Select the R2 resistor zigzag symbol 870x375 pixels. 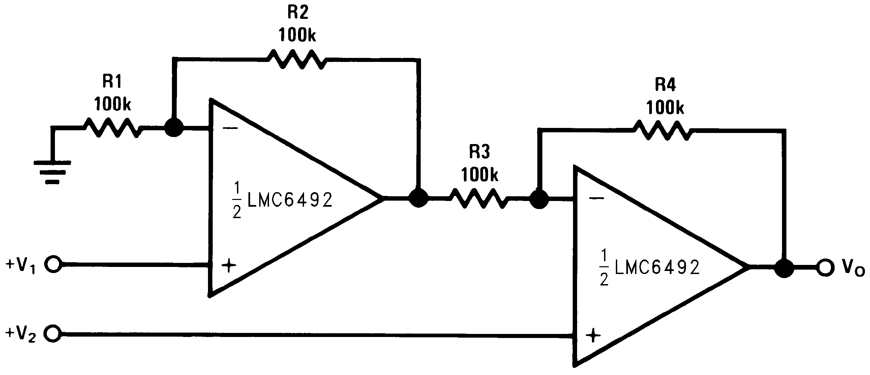pyautogui.click(x=297, y=59)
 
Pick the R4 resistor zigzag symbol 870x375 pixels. pyautogui.click(x=663, y=130)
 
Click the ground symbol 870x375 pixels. pyautogui.click(x=52, y=172)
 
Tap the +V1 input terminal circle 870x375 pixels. pyautogui.click(x=54, y=265)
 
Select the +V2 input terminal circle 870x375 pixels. pyautogui.click(x=54, y=334)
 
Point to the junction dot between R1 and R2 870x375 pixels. pyautogui.click(x=174, y=128)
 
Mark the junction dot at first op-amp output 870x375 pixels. pyautogui.click(x=418, y=198)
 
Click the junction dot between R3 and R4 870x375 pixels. pyautogui.click(x=539, y=199)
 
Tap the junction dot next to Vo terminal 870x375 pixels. pyautogui.click(x=784, y=268)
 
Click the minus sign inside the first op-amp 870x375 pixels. pyautogui.click(x=231, y=128)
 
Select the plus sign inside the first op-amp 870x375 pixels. pyautogui.click(x=229, y=266)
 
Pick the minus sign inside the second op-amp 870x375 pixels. pyautogui.click(x=596, y=198)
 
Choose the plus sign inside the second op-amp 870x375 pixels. pyautogui.click(x=593, y=335)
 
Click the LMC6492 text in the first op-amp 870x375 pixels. pyautogui.click(x=290, y=200)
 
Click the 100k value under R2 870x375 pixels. pyautogui.click(x=297, y=35)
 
